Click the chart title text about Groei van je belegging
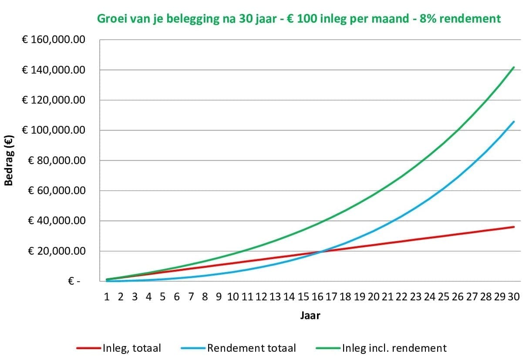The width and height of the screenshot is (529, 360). tap(299, 19)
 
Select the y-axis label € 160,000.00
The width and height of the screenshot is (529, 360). tap(53, 40)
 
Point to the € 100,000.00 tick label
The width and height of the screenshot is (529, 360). tap(53, 131)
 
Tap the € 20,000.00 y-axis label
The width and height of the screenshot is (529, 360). tap(56, 251)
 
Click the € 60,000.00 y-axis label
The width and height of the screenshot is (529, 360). tap(56, 191)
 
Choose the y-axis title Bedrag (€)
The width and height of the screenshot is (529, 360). tap(9, 161)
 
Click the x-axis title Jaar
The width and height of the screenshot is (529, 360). tap(310, 316)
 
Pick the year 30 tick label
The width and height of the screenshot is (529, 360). tap(514, 296)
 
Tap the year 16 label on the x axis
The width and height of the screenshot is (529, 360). tap(317, 296)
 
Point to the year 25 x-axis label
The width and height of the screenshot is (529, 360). tap(444, 296)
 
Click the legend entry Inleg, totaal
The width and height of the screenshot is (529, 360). tap(131, 348)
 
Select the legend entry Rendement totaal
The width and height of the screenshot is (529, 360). tap(251, 348)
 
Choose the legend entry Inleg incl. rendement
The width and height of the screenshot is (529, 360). tap(394, 348)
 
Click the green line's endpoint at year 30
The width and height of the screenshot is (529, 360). tap(514, 67)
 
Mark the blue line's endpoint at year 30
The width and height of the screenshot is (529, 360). tap(514, 122)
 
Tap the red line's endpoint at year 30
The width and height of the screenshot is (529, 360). tap(514, 227)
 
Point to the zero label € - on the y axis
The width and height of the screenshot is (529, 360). tap(74, 282)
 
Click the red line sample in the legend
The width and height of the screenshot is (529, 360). tap(89, 348)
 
